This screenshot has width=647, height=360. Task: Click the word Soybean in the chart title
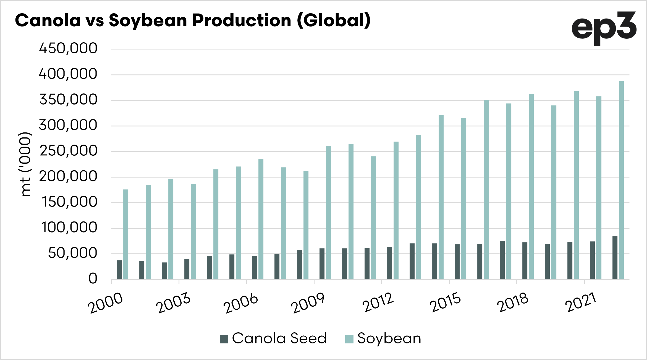point(148,21)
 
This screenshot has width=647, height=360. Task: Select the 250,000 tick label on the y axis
point(68,151)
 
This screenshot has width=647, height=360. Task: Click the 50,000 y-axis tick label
point(72,253)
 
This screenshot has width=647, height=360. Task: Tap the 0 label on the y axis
point(93,278)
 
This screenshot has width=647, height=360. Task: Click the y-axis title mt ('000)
point(25,164)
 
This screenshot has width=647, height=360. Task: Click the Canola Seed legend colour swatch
point(224,339)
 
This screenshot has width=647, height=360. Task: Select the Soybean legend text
point(389,338)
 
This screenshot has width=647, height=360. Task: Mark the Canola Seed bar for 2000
point(119,270)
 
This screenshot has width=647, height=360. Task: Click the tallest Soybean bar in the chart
point(621,180)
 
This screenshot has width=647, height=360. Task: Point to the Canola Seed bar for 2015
point(457,262)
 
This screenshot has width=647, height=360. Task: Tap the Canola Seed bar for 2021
point(592,260)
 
